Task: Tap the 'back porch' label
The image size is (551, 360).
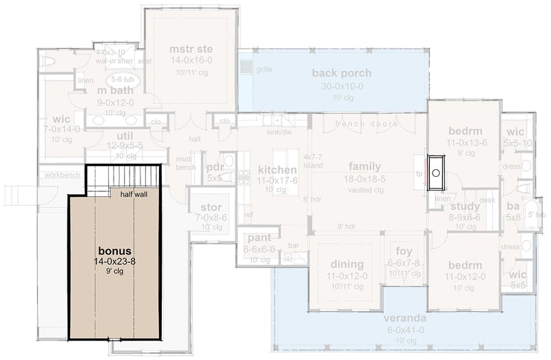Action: pos(341,74)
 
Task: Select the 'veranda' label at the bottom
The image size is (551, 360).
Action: pos(406,319)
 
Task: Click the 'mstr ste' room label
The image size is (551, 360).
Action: pos(191,49)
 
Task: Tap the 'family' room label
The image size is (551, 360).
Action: pos(364,167)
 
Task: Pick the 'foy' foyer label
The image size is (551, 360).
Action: pos(402,252)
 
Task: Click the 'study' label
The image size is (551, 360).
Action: pos(465,206)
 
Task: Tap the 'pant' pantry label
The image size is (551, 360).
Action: pos(250,240)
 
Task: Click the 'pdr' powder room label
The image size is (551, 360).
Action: pos(216,167)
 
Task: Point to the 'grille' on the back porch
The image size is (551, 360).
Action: pos(264,70)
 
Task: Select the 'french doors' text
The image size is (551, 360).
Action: pos(366,124)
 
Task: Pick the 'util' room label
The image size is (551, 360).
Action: pos(124,136)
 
